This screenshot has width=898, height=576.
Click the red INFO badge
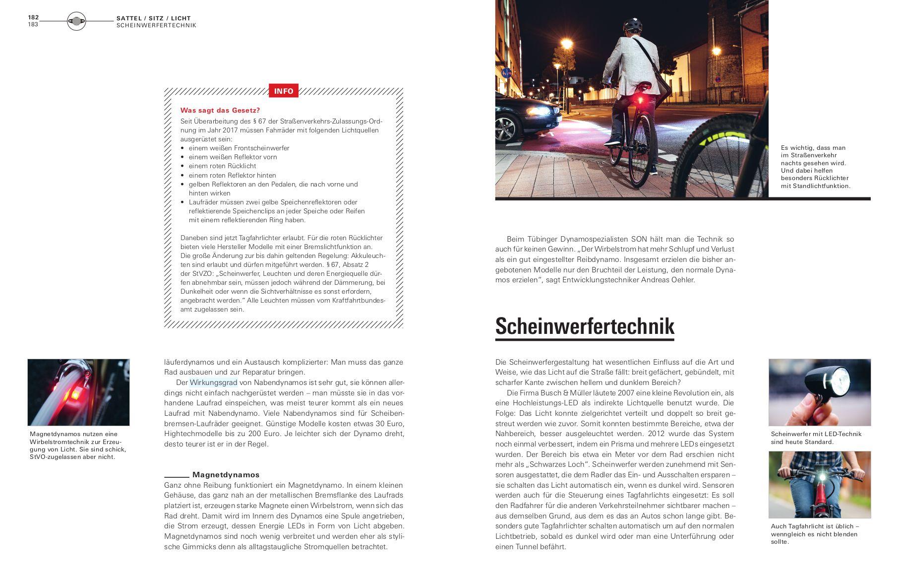[x=283, y=91]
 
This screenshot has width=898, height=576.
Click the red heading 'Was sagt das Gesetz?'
[x=220, y=110]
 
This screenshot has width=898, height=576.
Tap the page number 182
[x=33, y=17]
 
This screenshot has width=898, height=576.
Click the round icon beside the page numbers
[x=76, y=21]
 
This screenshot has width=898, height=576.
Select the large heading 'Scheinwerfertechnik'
[x=585, y=326]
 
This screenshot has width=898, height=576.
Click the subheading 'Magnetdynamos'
[x=226, y=474]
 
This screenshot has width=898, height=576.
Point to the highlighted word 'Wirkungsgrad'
[x=213, y=383]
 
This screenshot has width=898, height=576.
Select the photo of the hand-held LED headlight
[x=819, y=392]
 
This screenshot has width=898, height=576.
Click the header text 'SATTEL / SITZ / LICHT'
[x=153, y=18]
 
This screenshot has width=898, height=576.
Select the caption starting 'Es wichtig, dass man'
[x=815, y=167]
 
